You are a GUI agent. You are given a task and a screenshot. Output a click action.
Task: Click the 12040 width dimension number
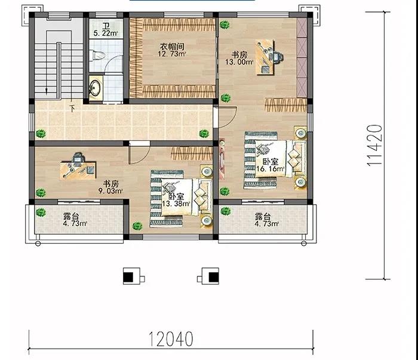[170, 339]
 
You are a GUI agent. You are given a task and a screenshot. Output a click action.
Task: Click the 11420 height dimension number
[374, 146]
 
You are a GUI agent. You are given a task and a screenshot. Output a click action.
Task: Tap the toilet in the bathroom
[97, 56]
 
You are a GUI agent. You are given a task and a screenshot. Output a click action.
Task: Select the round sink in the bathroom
[95, 87]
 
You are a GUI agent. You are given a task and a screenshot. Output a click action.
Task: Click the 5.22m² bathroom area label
[106, 33]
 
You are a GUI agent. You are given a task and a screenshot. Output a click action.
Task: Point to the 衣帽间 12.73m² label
[172, 50]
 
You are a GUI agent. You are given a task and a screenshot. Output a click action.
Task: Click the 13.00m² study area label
[239, 62]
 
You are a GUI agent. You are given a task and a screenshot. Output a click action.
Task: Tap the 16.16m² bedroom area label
[271, 169]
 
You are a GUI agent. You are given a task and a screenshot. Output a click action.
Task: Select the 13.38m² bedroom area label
[176, 204]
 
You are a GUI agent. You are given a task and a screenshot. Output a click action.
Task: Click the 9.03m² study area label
[110, 191]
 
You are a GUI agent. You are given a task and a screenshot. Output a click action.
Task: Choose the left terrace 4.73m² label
[75, 223]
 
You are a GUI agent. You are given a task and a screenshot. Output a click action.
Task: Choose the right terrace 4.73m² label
[266, 223]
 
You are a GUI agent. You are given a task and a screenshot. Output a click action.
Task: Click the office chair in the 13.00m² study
[278, 57]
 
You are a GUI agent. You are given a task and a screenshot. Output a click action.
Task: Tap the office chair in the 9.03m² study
[78, 158]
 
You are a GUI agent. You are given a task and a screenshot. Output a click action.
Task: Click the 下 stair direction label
[72, 109]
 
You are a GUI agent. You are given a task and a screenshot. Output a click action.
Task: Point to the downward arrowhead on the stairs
[47, 91]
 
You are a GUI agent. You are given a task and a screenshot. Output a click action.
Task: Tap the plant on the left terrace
[41, 212]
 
